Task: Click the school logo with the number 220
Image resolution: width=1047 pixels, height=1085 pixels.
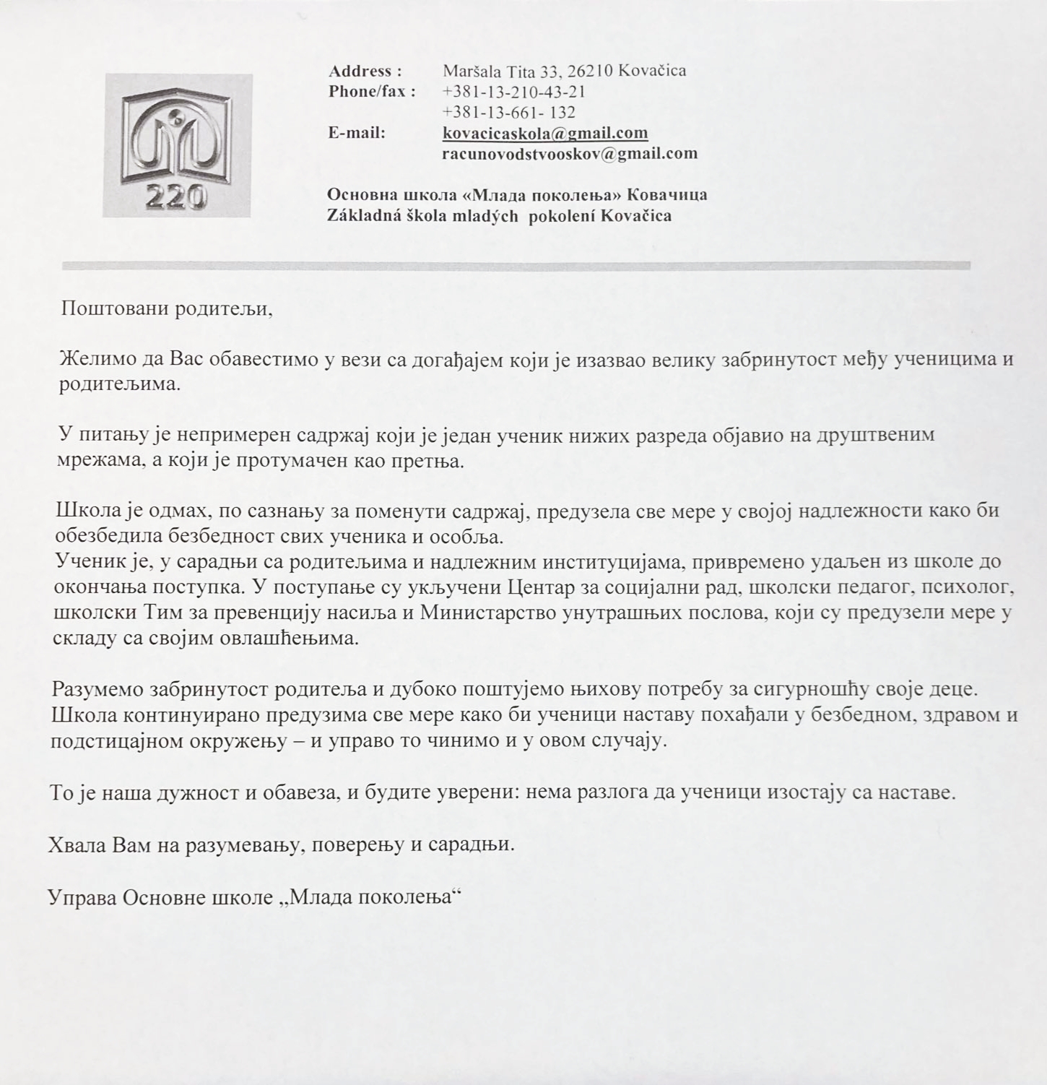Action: tap(177, 144)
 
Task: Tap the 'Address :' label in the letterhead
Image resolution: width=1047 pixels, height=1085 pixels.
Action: tap(365, 71)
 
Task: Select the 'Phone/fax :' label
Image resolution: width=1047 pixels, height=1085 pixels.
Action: tap(372, 92)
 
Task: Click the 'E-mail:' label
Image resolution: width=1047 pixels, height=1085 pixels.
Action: tap(357, 133)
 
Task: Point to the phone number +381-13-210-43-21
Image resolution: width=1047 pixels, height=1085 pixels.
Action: tap(513, 92)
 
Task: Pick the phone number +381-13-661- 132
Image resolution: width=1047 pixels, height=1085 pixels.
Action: tap(508, 112)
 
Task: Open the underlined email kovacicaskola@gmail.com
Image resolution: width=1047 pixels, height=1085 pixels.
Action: tap(544, 133)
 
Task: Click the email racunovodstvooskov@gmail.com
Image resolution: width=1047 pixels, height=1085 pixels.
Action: tap(569, 153)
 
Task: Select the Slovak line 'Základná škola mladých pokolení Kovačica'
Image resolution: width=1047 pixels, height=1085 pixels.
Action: tap(499, 216)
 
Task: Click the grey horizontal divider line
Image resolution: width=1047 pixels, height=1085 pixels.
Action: tap(516, 266)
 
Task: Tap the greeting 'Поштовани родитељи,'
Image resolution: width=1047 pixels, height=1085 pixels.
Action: tap(167, 309)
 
